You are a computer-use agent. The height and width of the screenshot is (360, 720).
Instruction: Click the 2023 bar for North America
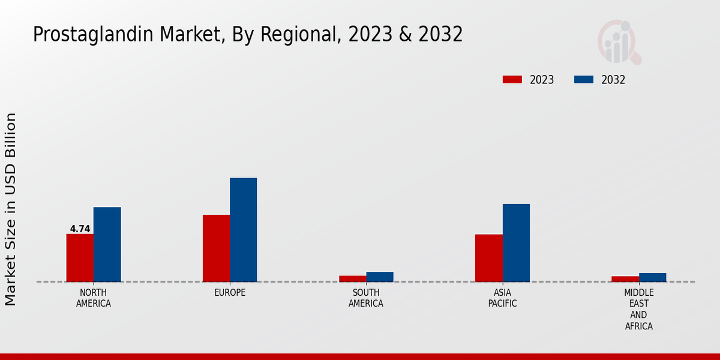point(80,258)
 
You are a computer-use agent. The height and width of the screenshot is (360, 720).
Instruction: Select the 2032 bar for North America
point(107,245)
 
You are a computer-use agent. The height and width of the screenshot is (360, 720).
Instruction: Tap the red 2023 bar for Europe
point(216,248)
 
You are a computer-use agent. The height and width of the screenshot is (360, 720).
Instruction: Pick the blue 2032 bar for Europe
point(243,230)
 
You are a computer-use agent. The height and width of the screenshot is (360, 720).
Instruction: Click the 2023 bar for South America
point(352,278)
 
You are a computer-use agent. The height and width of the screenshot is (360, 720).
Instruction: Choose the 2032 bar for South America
point(380,277)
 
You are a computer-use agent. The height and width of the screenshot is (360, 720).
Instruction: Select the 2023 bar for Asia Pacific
point(488,258)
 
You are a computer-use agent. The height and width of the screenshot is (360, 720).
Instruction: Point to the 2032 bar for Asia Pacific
point(516,243)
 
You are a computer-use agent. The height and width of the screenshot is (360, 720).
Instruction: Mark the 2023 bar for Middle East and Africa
point(625,279)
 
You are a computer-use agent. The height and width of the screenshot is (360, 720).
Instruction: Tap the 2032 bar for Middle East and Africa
point(652,277)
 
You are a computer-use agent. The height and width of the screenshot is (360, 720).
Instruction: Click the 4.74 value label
point(80,229)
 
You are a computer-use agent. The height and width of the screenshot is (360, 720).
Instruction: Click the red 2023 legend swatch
point(512,80)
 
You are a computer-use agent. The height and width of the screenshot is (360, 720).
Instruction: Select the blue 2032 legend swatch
point(584,80)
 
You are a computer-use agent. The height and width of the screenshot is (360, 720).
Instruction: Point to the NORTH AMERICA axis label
point(94,298)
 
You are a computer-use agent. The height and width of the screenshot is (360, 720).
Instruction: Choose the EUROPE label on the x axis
point(230,293)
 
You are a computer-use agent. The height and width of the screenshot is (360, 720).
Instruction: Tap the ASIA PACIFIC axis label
point(502,298)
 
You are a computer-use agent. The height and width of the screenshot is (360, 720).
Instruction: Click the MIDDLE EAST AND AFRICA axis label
point(638,310)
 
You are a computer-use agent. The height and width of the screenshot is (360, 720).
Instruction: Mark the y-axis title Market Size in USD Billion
point(11,209)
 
